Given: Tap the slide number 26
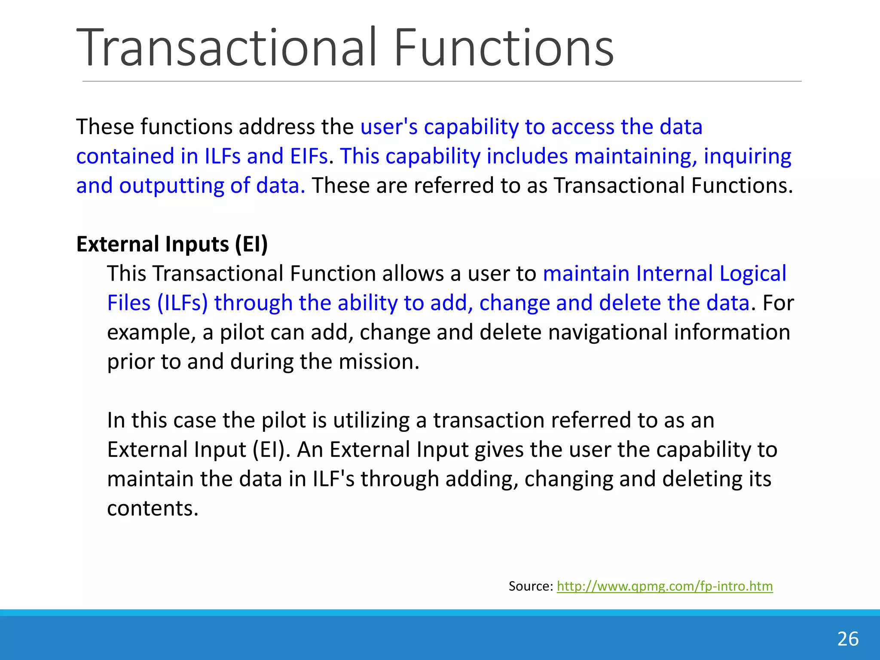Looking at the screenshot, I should pyautogui.click(x=847, y=639).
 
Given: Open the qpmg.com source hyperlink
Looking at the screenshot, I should pyautogui.click(x=664, y=586).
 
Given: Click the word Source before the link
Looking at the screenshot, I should pyautogui.click(x=530, y=586).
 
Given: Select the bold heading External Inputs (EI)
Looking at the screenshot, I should pyautogui.click(x=172, y=244).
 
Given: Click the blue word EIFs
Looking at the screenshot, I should pyautogui.click(x=309, y=156).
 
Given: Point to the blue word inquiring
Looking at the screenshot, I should pyautogui.click(x=747, y=156).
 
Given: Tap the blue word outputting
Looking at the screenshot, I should pyautogui.click(x=171, y=186).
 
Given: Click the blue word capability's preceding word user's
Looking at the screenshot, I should pyautogui.click(x=389, y=127).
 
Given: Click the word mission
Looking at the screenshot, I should pyautogui.click(x=378, y=361).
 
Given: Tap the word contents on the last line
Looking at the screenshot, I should pyautogui.click(x=153, y=508).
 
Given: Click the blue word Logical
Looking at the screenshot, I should pyautogui.click(x=753, y=274).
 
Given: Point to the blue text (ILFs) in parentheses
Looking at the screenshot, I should pyautogui.click(x=182, y=303).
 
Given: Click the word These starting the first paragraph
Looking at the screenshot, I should pyautogui.click(x=105, y=127).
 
